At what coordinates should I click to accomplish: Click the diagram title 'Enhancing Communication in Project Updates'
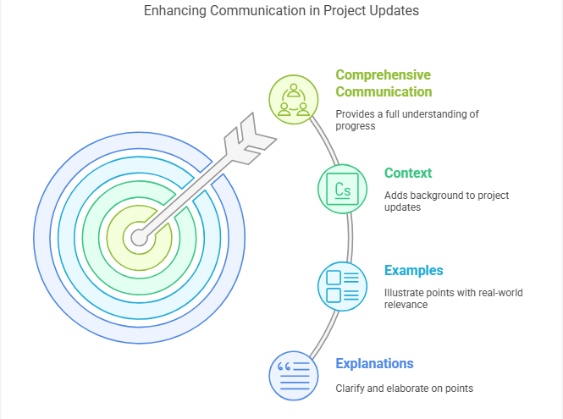pos(281,11)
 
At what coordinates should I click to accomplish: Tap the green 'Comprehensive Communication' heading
pos(384,83)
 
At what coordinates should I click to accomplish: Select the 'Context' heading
pos(408,173)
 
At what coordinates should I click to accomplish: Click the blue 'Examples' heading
pos(414,270)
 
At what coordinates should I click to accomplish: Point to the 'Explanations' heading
pos(374,364)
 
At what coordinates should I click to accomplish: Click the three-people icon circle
pos(294,99)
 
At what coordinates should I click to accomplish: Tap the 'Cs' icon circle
pos(343,189)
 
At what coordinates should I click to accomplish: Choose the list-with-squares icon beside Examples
pos(343,286)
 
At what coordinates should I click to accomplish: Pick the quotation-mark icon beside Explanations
pos(294,376)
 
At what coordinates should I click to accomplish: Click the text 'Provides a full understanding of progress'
pos(407,120)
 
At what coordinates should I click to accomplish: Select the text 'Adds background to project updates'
pos(447,201)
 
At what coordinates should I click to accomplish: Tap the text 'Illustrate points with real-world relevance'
pos(454,298)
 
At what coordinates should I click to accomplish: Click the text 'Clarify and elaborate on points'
pos(405,389)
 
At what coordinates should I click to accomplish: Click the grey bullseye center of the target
pos(140,238)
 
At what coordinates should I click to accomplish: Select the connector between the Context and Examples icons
pos(350,238)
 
